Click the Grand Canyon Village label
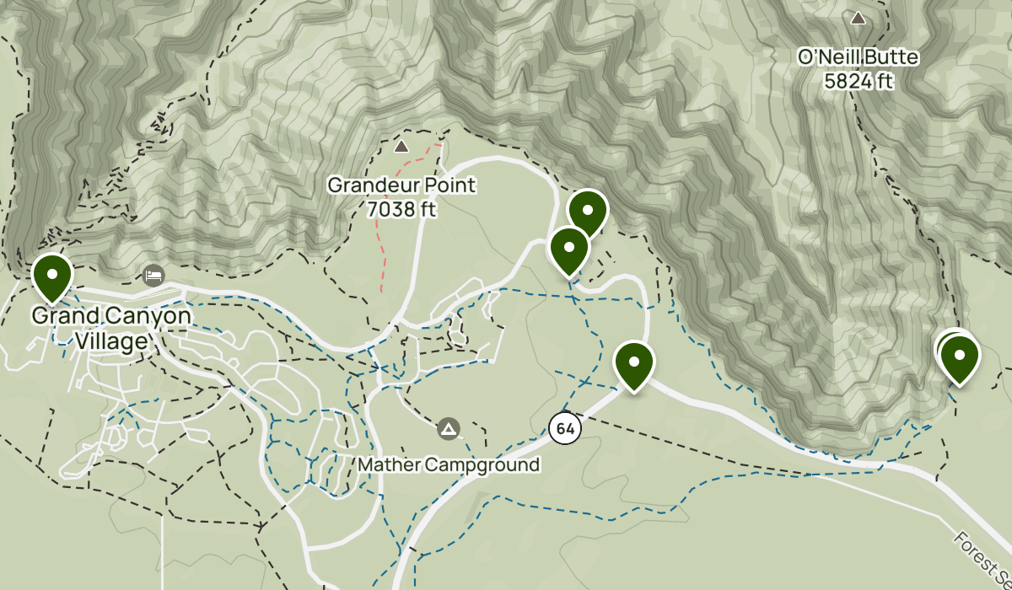coord(110,329)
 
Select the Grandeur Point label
coord(401,185)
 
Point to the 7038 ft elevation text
coord(401,209)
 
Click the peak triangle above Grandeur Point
coord(401,147)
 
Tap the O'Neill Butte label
coord(859,58)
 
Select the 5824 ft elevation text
coord(859,82)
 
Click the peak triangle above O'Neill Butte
coord(859,18)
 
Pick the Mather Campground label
coord(448,464)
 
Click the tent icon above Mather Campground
coord(449,430)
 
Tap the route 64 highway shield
coord(565,429)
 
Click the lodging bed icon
coord(153,275)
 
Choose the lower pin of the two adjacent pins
coord(569,249)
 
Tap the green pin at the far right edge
coord(959,357)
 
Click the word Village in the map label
coord(110,341)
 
